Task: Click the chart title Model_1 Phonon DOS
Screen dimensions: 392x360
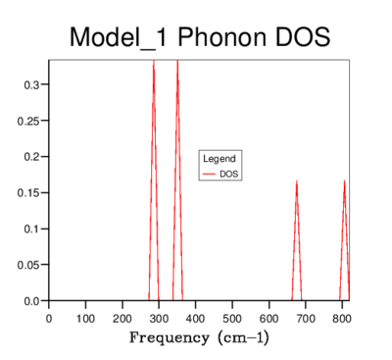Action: (200, 37)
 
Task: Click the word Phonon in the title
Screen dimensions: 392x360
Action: (222, 37)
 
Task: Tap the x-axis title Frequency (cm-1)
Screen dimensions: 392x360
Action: (199, 337)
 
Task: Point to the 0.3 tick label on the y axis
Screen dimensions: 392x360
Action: (31, 84)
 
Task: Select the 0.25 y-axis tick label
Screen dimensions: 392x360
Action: (28, 121)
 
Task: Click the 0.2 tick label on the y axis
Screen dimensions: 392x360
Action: (31, 157)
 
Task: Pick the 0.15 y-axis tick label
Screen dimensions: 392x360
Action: (28, 192)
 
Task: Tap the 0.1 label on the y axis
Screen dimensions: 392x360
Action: (31, 229)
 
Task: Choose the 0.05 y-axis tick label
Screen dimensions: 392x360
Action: (28, 265)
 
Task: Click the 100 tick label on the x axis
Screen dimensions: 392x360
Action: (85, 318)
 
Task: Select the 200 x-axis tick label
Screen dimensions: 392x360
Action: (122, 318)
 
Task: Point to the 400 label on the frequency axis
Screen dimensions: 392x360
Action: (195, 318)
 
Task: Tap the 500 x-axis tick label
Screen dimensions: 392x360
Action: (232, 318)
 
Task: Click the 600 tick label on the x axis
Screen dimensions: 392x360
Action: (269, 318)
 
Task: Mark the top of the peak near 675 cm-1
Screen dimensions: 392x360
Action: (296, 180)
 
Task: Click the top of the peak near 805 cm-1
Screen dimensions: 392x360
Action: (344, 180)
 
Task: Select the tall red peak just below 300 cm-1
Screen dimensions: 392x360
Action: (154, 180)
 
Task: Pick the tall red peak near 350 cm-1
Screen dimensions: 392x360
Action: (177, 180)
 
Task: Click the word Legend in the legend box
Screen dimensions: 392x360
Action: (220, 159)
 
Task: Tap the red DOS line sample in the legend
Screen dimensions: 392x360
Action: (209, 174)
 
